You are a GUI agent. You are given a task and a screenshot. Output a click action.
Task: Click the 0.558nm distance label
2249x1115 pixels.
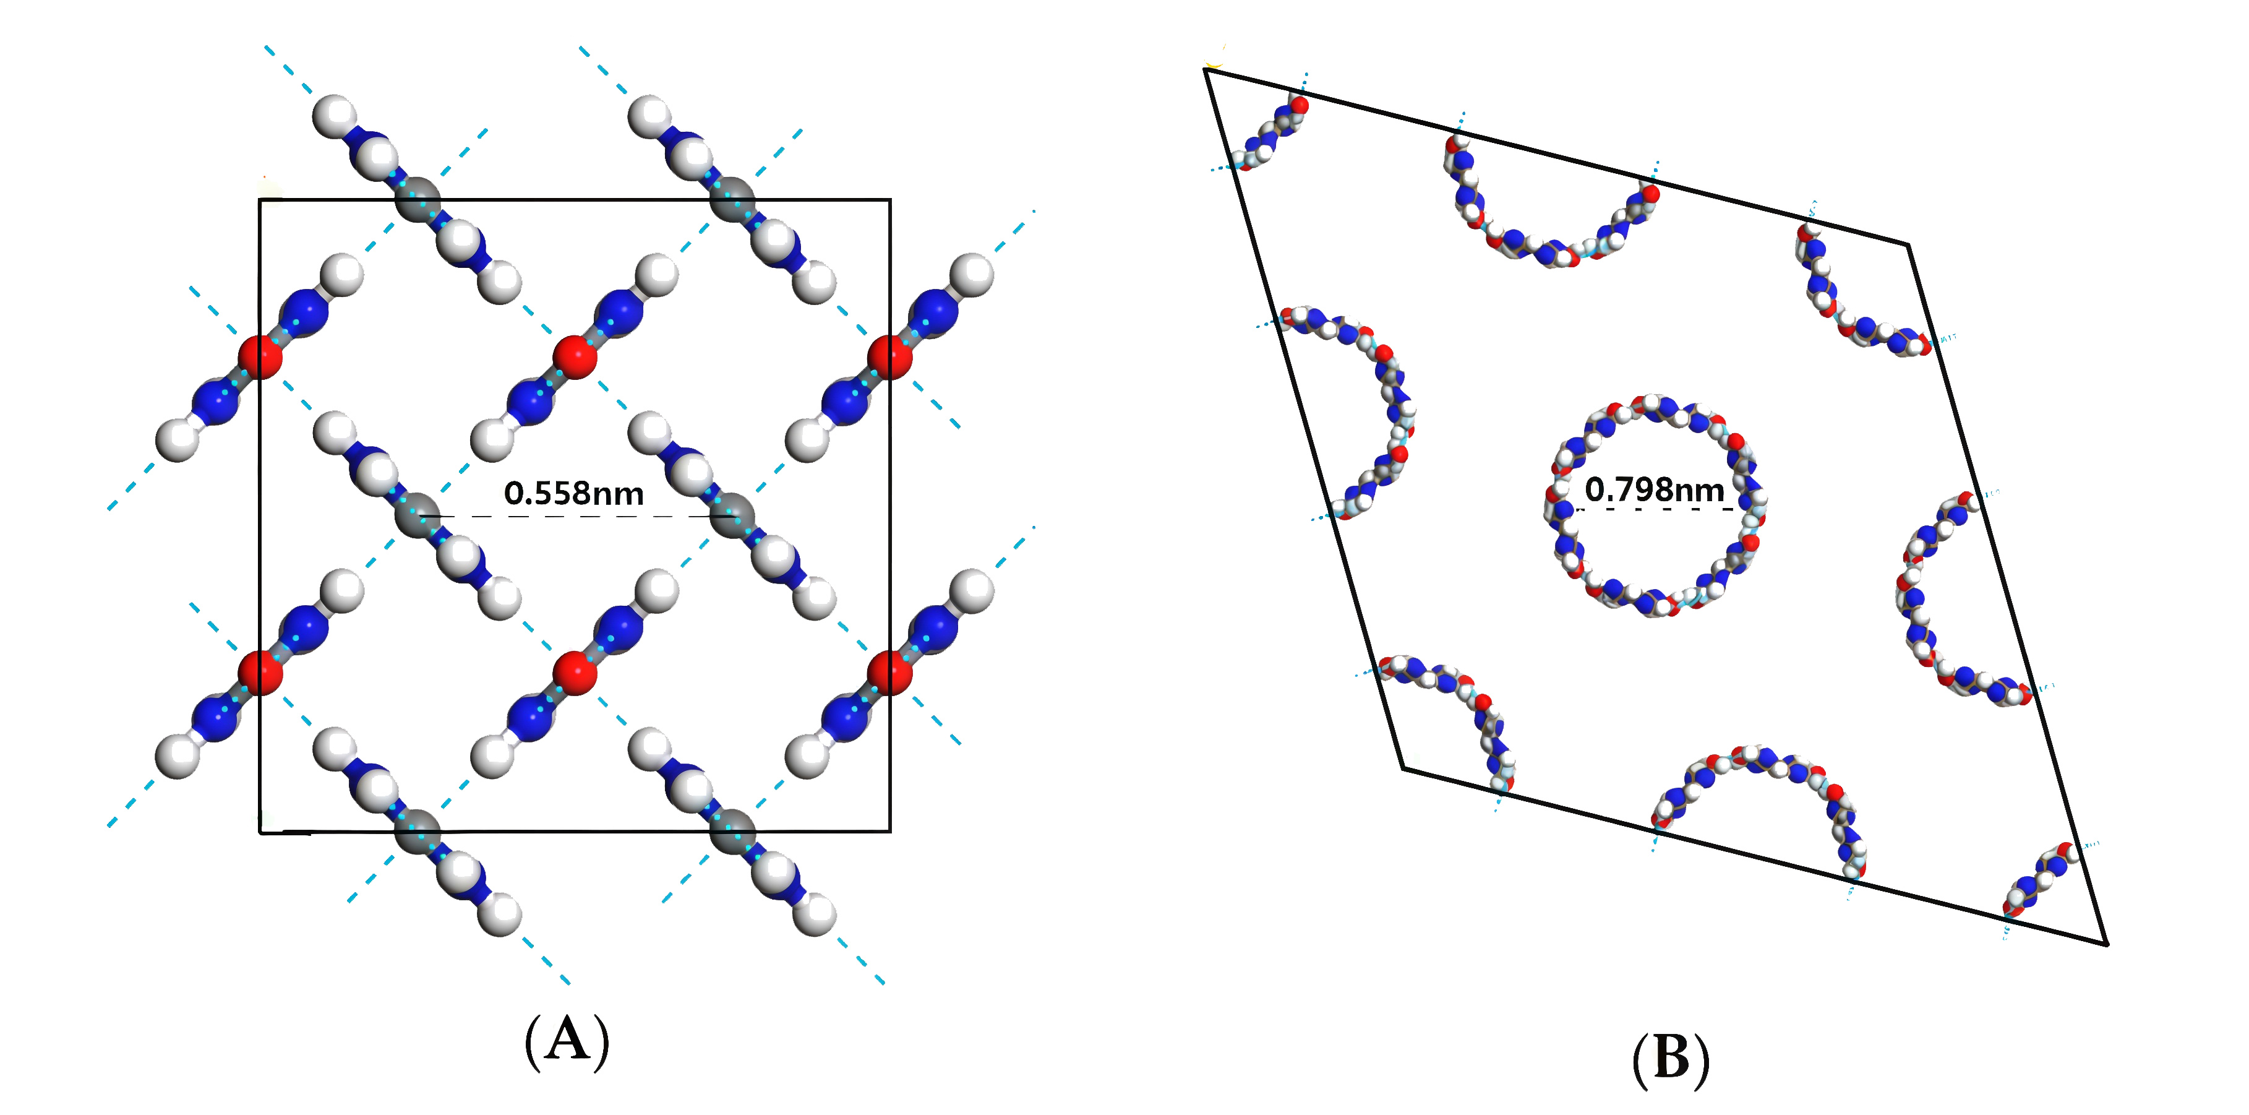(x=573, y=493)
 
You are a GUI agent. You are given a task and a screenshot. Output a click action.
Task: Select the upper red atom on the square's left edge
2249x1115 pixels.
(x=260, y=357)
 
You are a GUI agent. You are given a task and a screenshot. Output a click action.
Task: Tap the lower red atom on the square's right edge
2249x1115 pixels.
(x=889, y=673)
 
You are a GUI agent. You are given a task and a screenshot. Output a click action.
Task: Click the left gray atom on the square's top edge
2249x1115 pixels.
(x=418, y=200)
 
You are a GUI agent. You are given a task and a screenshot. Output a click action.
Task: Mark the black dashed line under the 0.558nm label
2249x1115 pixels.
(x=576, y=517)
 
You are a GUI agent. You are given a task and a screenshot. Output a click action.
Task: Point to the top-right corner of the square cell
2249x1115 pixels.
(x=889, y=200)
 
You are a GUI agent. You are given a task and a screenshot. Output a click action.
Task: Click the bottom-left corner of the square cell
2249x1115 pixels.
(x=260, y=832)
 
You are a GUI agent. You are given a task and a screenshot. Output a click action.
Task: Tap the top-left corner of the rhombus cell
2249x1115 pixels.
(x=1206, y=69)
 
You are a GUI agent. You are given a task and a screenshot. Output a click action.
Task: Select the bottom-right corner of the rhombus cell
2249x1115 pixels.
(x=2107, y=944)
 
